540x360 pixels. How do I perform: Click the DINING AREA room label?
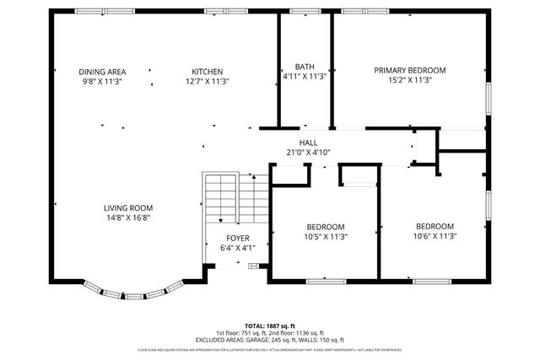tap(102, 71)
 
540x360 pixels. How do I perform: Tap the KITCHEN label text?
tap(207, 71)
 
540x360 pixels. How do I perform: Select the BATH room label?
tap(304, 67)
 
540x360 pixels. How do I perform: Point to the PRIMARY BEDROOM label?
tap(409, 70)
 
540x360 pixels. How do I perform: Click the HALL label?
tap(308, 142)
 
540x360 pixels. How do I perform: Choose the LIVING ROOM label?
tap(127, 207)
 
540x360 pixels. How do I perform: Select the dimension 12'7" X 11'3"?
tap(207, 81)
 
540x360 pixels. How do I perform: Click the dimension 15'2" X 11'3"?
tap(409, 80)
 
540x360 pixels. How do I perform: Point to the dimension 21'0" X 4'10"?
tap(308, 153)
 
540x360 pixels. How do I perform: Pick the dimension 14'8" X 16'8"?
tap(127, 218)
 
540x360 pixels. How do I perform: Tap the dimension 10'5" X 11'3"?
tap(325, 237)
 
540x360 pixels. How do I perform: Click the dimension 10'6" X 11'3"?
tap(434, 237)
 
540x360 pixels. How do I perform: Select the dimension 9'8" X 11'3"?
tap(102, 81)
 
